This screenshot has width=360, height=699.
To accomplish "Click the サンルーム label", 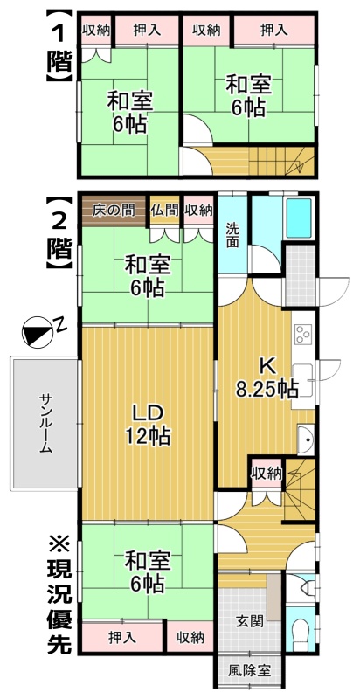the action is tap(45, 423).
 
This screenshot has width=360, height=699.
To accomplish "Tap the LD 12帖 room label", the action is tap(147, 425).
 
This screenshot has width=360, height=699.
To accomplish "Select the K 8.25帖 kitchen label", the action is tap(267, 379).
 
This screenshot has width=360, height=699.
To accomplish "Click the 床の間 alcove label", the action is tap(114, 211).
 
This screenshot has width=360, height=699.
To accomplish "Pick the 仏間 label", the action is tap(165, 211).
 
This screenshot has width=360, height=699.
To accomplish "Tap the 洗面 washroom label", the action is tap(232, 234).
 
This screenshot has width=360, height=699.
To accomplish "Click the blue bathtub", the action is tap(299, 218).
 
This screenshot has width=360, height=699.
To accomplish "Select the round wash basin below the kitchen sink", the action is tap(306, 439).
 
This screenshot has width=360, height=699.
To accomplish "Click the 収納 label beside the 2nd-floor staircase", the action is tap(267, 474).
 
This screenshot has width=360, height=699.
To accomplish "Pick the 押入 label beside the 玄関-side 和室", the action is tap(121, 639).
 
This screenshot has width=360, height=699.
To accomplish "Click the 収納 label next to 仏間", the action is tap(198, 211).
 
